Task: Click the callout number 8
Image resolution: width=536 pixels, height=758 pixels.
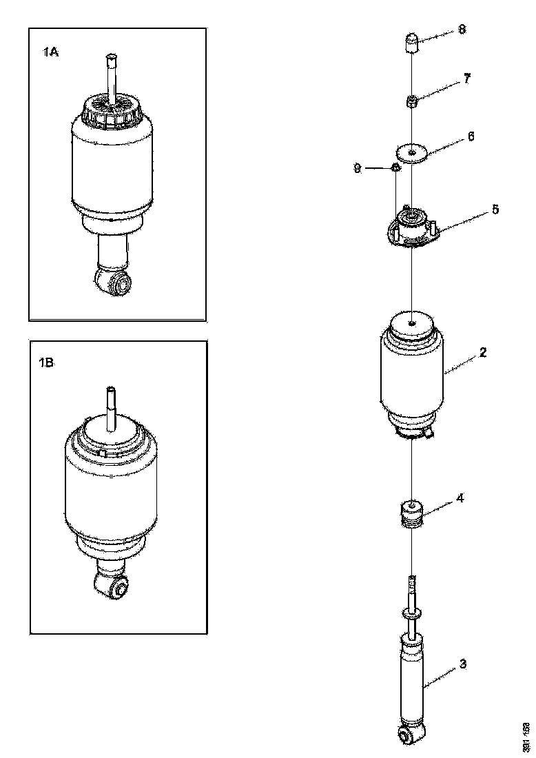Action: [x=462, y=30]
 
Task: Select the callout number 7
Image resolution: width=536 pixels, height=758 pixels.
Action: [x=466, y=79]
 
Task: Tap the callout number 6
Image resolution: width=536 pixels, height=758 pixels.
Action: [x=471, y=136]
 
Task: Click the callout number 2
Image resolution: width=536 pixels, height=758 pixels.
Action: [x=482, y=352]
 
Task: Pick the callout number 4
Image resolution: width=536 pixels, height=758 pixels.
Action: [x=460, y=498]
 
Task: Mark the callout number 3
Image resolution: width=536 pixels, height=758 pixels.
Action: [x=462, y=664]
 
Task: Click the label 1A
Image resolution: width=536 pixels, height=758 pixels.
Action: [x=50, y=50]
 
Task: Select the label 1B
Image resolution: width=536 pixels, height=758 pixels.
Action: [x=47, y=363]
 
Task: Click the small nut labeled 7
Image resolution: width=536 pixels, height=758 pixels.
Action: [x=411, y=103]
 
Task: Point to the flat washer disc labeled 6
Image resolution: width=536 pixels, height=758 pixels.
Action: [x=411, y=152]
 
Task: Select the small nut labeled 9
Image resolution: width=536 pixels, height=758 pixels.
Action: [x=396, y=167]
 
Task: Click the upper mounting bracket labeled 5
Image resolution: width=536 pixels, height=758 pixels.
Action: [x=411, y=228]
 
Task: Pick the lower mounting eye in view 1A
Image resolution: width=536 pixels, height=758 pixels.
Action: [x=116, y=283]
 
